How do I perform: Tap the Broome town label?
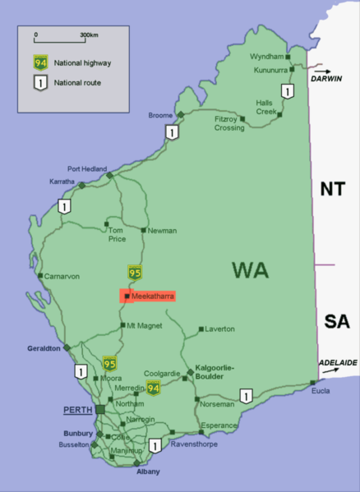click(161, 116)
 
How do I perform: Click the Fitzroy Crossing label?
click(229, 123)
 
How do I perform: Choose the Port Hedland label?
click(87, 168)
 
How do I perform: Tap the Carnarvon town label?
click(62, 277)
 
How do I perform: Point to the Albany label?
click(148, 471)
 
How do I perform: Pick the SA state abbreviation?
click(337, 320)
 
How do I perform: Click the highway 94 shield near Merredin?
click(152, 388)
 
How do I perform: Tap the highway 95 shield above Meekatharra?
click(136, 271)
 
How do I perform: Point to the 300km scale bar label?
click(90, 35)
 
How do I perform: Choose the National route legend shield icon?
click(39, 82)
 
